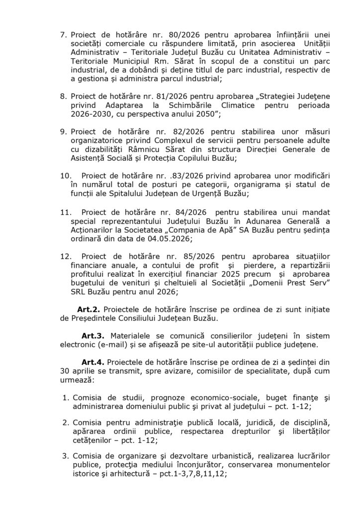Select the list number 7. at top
click(x=63, y=35)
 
